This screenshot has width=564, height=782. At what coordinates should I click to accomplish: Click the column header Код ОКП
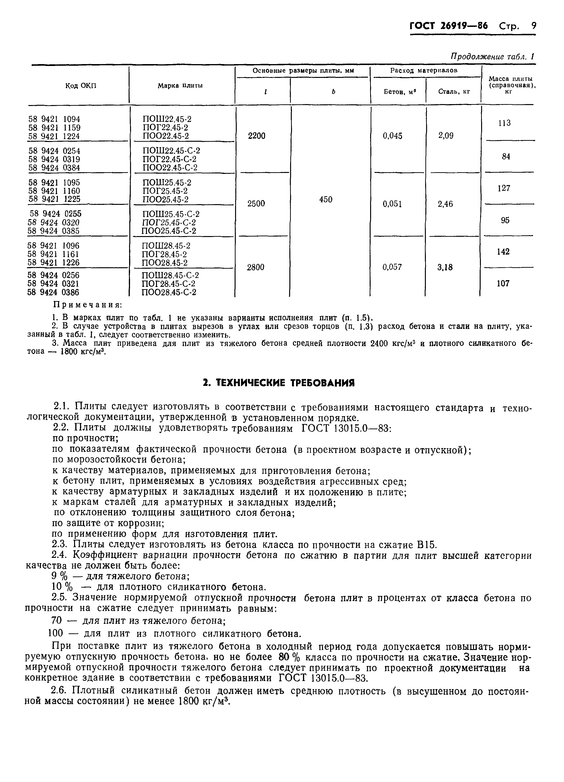81,86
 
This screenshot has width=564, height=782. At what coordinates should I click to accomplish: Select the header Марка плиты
180,86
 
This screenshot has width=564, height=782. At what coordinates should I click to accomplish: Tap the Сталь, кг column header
454,92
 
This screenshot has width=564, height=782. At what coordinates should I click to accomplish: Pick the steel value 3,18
445,267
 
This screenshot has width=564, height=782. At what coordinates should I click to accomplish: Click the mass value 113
504,123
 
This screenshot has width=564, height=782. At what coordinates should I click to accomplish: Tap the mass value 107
503,283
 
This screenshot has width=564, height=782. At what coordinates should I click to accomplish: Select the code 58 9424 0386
54,293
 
